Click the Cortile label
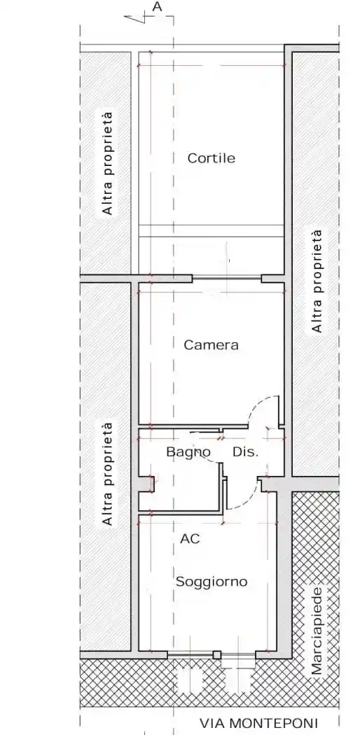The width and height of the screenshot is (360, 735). point(211,158)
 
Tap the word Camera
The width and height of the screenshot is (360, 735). point(211,345)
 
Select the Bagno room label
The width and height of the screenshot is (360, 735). point(188,453)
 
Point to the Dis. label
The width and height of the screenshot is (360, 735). point(246,452)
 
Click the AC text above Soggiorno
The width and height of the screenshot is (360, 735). point(190,539)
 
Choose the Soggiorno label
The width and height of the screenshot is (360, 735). point(212,582)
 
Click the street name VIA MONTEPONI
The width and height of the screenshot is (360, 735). point(258,723)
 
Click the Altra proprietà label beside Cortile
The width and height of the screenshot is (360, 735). point(108,163)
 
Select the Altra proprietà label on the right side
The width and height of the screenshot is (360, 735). point(317,281)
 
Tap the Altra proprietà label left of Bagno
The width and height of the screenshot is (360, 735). point(108,473)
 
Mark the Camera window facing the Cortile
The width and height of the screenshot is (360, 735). point(227,279)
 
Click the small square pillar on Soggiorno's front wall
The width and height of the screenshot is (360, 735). point(216,654)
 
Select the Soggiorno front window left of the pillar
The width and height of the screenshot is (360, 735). point(191,654)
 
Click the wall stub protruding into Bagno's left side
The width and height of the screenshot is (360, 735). point(148,483)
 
